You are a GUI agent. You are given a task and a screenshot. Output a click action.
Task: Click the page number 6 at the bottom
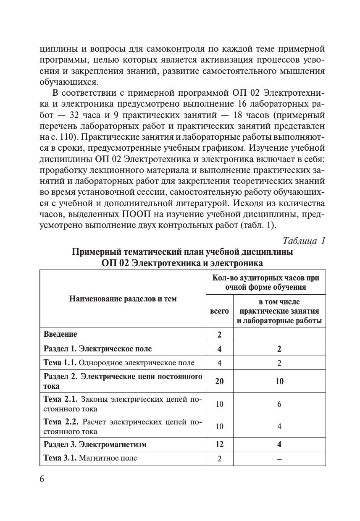pyautogui.click(x=42, y=479)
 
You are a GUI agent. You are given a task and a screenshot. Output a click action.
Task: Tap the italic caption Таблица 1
pyautogui.click(x=304, y=241)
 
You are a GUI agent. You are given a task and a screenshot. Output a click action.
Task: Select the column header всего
pyautogui.click(x=219, y=311)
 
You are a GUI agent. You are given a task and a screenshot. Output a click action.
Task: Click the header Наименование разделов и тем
pyautogui.click(x=123, y=299)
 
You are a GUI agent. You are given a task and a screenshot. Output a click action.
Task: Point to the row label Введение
pyautogui.click(x=60, y=335)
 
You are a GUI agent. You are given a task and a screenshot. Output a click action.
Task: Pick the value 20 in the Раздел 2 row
pyautogui.click(x=219, y=381)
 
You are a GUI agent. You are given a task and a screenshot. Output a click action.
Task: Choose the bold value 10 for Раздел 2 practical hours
pyautogui.click(x=279, y=381)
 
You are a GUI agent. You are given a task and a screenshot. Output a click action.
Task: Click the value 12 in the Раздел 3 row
pyautogui.click(x=219, y=444)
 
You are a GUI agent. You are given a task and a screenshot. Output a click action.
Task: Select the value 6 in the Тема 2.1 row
pyautogui.click(x=279, y=404)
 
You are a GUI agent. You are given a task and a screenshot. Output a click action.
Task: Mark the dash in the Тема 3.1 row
pyautogui.click(x=279, y=459)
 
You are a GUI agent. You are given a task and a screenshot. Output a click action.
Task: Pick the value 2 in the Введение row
pyautogui.click(x=219, y=335)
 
